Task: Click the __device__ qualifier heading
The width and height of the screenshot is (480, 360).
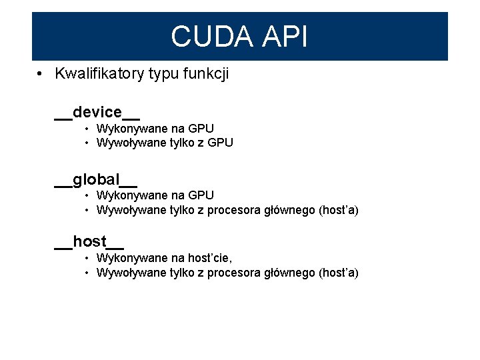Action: tap(97, 111)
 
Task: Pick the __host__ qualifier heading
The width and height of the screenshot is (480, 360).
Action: tap(89, 241)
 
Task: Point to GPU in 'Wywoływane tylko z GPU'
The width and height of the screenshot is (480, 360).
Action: tap(221, 143)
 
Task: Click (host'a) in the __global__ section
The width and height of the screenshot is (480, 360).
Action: tap(339, 211)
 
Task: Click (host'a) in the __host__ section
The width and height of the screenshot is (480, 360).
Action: tap(339, 273)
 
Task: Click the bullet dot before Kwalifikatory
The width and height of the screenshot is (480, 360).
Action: tap(41, 74)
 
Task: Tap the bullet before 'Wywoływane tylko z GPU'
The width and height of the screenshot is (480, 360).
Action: tap(87, 143)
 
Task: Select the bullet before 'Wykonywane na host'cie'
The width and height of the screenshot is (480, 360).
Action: tap(87, 258)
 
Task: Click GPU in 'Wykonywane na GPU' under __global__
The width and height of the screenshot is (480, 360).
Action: tap(201, 195)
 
